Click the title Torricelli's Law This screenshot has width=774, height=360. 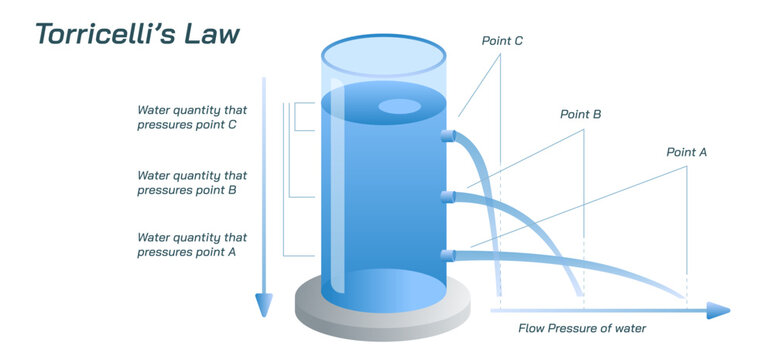click(x=137, y=33)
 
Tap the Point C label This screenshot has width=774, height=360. click(x=502, y=41)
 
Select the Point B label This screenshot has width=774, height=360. click(x=580, y=115)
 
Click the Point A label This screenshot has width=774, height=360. click(x=686, y=152)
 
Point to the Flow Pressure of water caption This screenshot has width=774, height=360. click(x=581, y=328)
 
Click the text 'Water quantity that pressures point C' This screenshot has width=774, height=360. click(x=191, y=118)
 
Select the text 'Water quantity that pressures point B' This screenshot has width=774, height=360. click(x=191, y=181)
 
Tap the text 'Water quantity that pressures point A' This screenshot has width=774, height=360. click(x=191, y=245)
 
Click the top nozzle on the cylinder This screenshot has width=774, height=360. click(x=448, y=135)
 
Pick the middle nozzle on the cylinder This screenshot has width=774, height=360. click(x=448, y=196)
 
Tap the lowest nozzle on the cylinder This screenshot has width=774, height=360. click(x=448, y=256)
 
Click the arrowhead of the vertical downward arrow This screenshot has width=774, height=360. click(x=263, y=304)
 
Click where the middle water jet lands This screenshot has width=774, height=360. click(x=580, y=293)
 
